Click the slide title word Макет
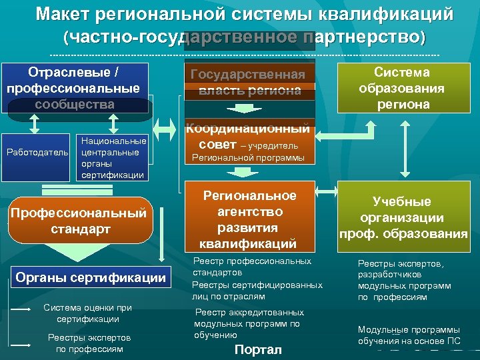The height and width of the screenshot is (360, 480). click(65, 14)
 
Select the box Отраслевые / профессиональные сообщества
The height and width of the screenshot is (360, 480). click(73, 88)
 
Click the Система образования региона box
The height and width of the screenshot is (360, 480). click(401, 88)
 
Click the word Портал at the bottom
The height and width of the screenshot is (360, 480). click(258, 349)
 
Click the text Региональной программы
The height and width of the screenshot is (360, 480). click(248, 158)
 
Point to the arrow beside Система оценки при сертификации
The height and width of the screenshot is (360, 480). click(21, 310)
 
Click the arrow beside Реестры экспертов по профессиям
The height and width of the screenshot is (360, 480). click(21, 344)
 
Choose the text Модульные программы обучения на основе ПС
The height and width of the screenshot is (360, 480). click(409, 335)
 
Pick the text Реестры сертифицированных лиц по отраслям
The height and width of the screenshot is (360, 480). click(257, 290)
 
